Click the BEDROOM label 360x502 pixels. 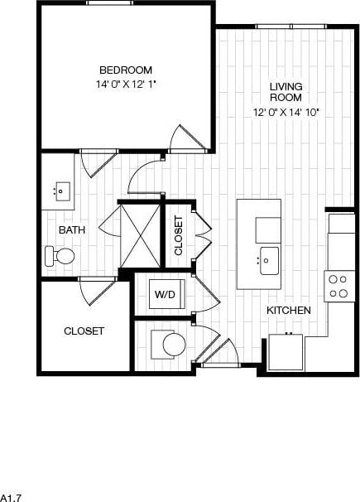point(125,70)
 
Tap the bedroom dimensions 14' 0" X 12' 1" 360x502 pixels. point(125,84)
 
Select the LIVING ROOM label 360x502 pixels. point(286,92)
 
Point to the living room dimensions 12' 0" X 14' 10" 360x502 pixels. point(286,112)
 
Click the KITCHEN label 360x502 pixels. point(288,310)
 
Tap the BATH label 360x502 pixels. point(70,229)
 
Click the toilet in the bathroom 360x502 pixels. point(60,255)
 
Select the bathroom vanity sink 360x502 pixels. point(60,191)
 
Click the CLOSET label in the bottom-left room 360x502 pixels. point(84,331)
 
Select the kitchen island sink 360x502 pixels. point(267,259)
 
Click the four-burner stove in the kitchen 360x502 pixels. point(338,287)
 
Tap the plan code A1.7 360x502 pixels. point(10,496)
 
